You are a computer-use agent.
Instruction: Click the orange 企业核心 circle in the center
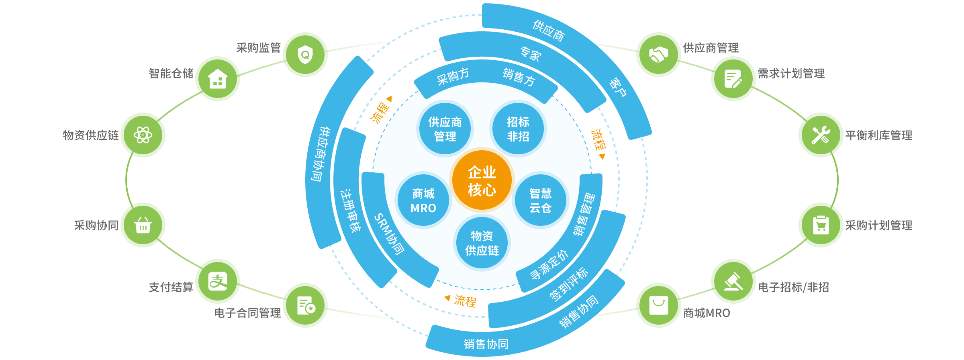tap(482, 180)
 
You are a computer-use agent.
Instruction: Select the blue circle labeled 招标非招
tap(518, 129)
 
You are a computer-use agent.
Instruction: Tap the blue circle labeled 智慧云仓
tap(540, 200)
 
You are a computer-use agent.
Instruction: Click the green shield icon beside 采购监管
tap(305, 54)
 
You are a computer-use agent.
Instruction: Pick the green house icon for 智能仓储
tap(218, 79)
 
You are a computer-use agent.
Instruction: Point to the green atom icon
tap(143, 135)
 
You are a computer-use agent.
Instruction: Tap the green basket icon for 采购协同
tap(143, 225)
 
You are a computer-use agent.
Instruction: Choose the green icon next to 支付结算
tap(218, 281)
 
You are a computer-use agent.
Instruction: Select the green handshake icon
tap(658, 55)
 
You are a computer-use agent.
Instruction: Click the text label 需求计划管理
tap(791, 74)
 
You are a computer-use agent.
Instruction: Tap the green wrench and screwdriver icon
tap(821, 135)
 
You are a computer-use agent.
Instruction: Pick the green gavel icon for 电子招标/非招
tap(733, 281)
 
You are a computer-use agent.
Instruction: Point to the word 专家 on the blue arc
tap(530, 54)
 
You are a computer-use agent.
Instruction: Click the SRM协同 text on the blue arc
tap(389, 234)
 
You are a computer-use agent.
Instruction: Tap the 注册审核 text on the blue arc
tap(350, 211)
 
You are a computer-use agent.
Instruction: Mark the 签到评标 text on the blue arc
tap(568, 284)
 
